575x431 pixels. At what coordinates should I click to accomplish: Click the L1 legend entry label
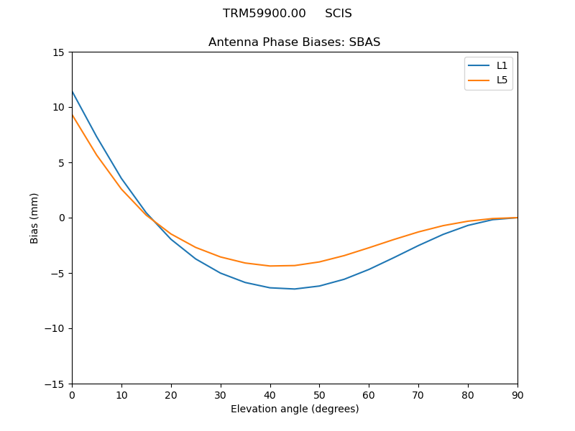tap(502, 65)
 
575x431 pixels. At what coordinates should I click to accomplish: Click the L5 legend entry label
tap(502, 80)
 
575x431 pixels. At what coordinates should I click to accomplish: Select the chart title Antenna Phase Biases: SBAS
tap(294, 42)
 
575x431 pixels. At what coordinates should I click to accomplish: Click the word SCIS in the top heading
tap(338, 14)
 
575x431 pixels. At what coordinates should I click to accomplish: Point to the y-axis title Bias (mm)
tap(34, 218)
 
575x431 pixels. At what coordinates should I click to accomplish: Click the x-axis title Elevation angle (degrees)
tap(295, 409)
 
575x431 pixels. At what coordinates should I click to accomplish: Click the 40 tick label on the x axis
tap(270, 394)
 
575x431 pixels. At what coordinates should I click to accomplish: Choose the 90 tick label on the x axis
tap(517, 394)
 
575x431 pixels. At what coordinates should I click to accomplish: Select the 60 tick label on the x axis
tap(369, 394)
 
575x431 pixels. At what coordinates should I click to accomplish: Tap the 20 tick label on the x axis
tap(171, 394)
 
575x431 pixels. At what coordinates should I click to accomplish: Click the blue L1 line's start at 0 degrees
tap(72, 91)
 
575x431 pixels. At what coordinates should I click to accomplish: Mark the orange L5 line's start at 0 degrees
tap(72, 115)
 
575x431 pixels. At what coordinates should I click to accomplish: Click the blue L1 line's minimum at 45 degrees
tap(295, 289)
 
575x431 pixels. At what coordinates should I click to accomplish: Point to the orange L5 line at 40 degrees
tap(270, 266)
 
